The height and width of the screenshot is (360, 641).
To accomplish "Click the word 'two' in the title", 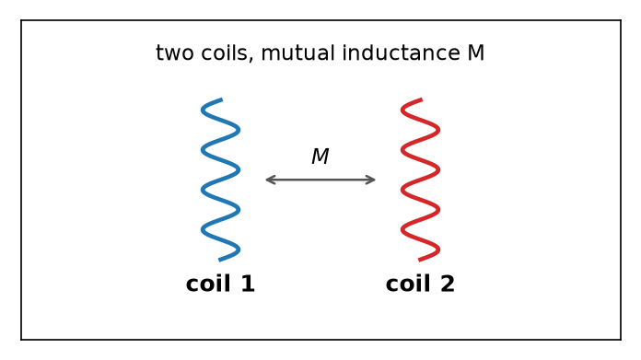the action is pyautogui.click(x=175, y=53).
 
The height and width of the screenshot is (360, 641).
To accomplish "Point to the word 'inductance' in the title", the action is pyautogui.click(x=401, y=53).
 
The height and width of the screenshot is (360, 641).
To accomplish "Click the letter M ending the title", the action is pyautogui.click(x=476, y=53).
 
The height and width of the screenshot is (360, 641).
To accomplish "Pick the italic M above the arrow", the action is pyautogui.click(x=320, y=157).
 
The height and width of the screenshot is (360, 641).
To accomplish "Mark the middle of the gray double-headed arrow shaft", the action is pyautogui.click(x=320, y=180).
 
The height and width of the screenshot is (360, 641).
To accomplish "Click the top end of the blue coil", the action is pyautogui.click(x=222, y=99).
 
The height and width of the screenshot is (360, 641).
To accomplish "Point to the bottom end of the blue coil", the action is pyautogui.click(x=219, y=260).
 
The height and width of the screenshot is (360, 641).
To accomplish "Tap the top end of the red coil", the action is pyautogui.click(x=422, y=99).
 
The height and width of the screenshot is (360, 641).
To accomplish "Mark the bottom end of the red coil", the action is pyautogui.click(x=419, y=260).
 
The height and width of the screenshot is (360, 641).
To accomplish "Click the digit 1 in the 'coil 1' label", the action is pyautogui.click(x=248, y=284).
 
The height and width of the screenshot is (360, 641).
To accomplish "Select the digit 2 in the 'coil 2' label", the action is pyautogui.click(x=448, y=284).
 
